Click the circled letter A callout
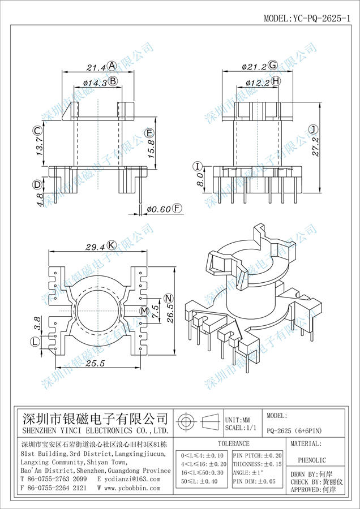(112, 66)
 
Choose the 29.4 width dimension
(95, 245)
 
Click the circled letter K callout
(112, 245)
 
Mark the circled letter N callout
(168, 298)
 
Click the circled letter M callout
(144, 311)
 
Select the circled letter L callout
(36, 342)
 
